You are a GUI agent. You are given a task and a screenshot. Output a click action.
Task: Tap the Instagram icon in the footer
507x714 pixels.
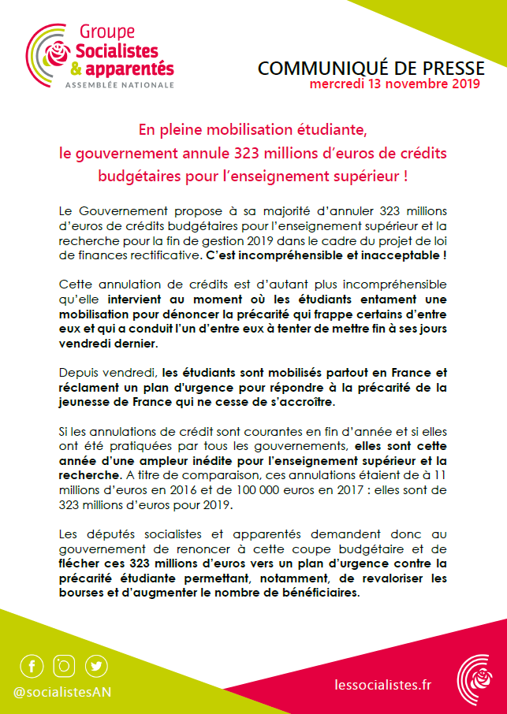tap(64, 666)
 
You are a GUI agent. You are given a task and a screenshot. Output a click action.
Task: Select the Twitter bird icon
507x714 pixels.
tap(96, 666)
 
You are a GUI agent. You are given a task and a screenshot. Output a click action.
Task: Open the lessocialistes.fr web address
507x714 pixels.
tap(383, 685)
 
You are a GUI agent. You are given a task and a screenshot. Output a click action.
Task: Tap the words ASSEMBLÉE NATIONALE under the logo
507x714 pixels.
tap(119, 83)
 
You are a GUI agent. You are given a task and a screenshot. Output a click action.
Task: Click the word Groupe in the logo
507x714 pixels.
tap(107, 32)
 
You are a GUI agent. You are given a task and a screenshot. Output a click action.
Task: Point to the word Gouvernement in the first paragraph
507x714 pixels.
tap(115, 212)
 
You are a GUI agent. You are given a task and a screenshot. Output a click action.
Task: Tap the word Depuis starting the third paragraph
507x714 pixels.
tap(79, 373)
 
